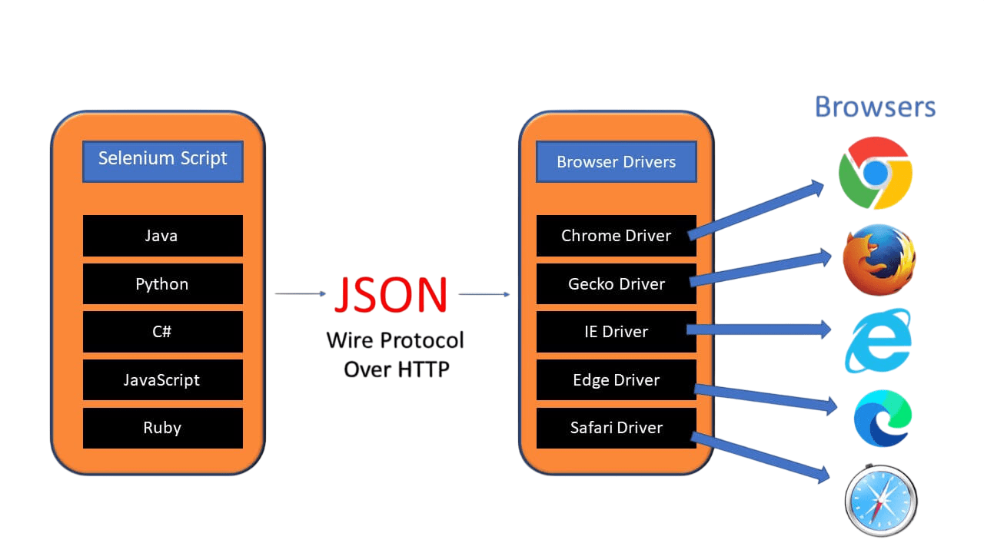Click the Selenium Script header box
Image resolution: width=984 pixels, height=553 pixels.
pos(162,161)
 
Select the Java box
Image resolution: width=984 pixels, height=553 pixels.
pos(162,236)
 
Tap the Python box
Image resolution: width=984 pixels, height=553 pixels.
pos(162,284)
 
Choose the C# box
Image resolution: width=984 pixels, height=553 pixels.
pos(162,332)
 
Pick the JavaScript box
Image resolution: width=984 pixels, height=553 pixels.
pos(162,380)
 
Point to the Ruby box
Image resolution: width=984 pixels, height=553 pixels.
pos(162,428)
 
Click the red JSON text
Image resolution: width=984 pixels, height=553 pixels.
pos(391,295)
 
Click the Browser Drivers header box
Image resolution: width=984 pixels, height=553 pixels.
pos(616,162)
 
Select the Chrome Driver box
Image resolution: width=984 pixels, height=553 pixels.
pos(616,236)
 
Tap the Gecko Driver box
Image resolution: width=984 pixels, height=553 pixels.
pos(616,284)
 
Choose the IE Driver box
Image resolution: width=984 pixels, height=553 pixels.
pos(616,332)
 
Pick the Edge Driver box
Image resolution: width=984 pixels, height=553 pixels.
pos(616,380)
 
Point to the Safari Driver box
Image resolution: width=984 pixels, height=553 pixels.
pos(616,428)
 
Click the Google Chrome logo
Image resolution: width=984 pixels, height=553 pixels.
pos(875,174)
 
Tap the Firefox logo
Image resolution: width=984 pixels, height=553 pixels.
pos(879,260)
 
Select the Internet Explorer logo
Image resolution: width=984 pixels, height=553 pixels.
pos(878,340)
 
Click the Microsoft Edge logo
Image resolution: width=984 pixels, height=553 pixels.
pos(882,419)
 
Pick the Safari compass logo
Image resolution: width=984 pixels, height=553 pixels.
pos(881,501)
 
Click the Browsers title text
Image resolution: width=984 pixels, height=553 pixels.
pos(875,107)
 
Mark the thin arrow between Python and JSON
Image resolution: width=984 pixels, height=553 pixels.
pos(301,293)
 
